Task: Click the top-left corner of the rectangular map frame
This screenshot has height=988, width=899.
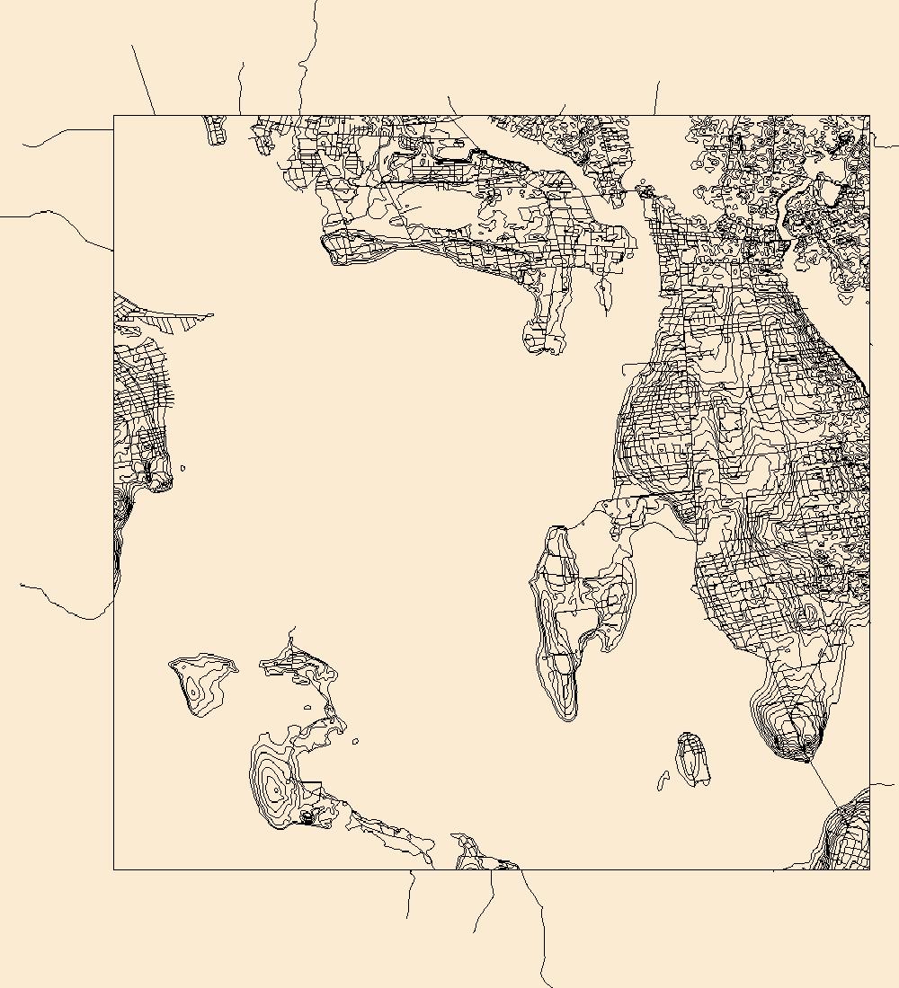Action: tap(114, 116)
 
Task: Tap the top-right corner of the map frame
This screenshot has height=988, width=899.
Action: tap(869, 116)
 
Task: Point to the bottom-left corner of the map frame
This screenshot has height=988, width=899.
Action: tap(114, 869)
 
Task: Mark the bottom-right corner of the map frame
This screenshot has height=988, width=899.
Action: tap(869, 869)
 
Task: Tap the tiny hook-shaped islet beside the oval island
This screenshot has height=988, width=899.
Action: tap(663, 781)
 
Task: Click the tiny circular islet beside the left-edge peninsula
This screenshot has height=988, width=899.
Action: tap(183, 467)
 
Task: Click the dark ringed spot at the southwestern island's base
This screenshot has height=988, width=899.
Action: tap(307, 816)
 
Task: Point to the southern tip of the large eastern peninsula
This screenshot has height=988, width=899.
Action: tap(803, 757)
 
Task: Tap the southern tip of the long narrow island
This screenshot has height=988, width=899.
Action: tap(567, 717)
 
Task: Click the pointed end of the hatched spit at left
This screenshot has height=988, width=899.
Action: tap(211, 315)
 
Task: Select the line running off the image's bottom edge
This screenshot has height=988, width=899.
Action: tap(544, 984)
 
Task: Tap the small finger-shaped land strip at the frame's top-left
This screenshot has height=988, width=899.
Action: tap(216, 130)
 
